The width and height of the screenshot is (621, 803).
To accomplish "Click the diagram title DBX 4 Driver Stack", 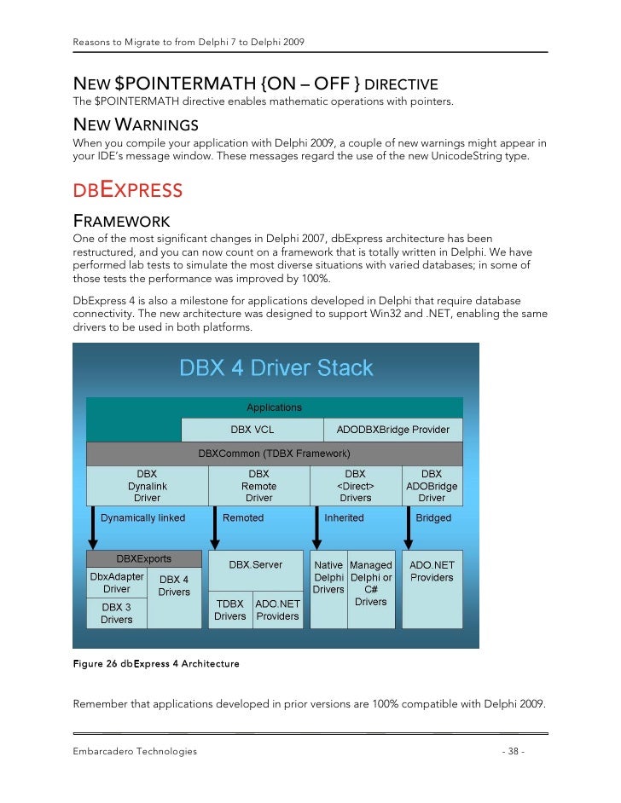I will click(x=276, y=368).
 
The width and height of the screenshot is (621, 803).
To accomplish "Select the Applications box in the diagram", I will click(x=274, y=407).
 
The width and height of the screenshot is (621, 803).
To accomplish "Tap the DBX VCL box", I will click(x=252, y=430).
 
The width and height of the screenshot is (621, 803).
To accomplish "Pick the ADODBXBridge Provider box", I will click(x=392, y=430).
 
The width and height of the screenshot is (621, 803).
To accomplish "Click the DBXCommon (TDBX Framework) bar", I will click(x=274, y=453).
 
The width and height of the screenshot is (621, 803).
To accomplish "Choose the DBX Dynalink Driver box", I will click(x=147, y=486).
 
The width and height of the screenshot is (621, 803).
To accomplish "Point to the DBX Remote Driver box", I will click(x=258, y=486).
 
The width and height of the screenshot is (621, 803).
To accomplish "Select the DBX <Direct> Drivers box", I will click(x=355, y=486).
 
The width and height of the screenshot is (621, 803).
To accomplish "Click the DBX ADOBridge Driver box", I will click(x=432, y=486).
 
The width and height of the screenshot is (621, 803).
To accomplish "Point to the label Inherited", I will click(x=344, y=517).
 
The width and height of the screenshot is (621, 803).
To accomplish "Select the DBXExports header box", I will click(x=143, y=559).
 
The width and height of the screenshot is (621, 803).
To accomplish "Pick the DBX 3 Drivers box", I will click(x=117, y=613).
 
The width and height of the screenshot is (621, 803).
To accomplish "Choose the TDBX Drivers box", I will click(x=230, y=609).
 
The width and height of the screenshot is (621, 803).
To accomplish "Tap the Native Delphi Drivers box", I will click(x=328, y=578).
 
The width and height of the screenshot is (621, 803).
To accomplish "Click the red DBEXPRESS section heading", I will click(x=127, y=189).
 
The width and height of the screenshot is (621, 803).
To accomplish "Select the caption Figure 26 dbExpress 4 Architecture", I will click(x=156, y=663).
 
